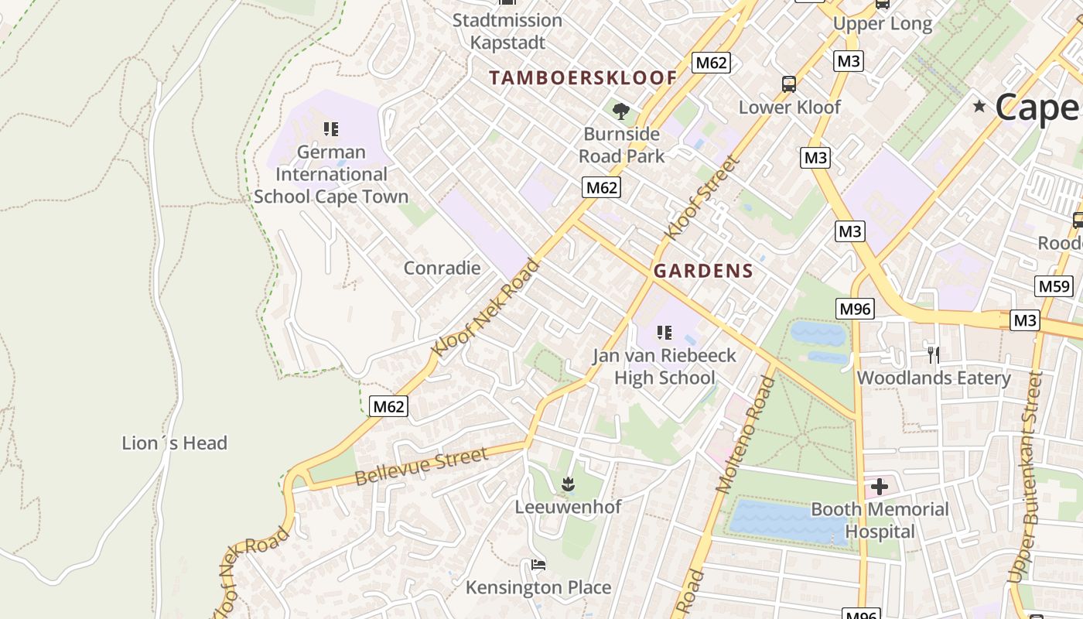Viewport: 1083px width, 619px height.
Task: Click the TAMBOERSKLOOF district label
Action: click(583, 77)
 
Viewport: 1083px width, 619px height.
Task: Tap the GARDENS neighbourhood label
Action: click(703, 271)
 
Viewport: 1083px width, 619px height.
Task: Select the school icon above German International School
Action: click(331, 128)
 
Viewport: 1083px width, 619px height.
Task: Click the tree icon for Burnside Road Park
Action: click(620, 111)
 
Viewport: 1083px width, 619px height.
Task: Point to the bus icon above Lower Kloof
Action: click(789, 84)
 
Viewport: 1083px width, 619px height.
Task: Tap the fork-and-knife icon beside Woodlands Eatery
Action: click(934, 354)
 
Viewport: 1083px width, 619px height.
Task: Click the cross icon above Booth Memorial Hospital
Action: click(880, 487)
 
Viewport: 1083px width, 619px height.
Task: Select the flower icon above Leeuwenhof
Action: click(568, 484)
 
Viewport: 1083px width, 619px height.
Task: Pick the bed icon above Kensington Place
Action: click(538, 565)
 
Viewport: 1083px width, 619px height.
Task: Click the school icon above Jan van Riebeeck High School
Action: click(664, 333)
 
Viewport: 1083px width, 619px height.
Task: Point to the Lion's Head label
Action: click(175, 443)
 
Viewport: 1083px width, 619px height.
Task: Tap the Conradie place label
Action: click(442, 268)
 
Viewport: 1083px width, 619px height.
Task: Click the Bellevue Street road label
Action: click(422, 466)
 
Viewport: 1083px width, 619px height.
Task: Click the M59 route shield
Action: click(1054, 286)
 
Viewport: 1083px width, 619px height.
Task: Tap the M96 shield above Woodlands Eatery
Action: click(855, 309)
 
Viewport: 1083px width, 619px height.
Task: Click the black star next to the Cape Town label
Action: click(979, 106)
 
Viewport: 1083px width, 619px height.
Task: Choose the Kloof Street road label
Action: click(702, 197)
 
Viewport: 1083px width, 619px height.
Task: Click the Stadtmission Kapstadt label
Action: click(507, 31)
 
